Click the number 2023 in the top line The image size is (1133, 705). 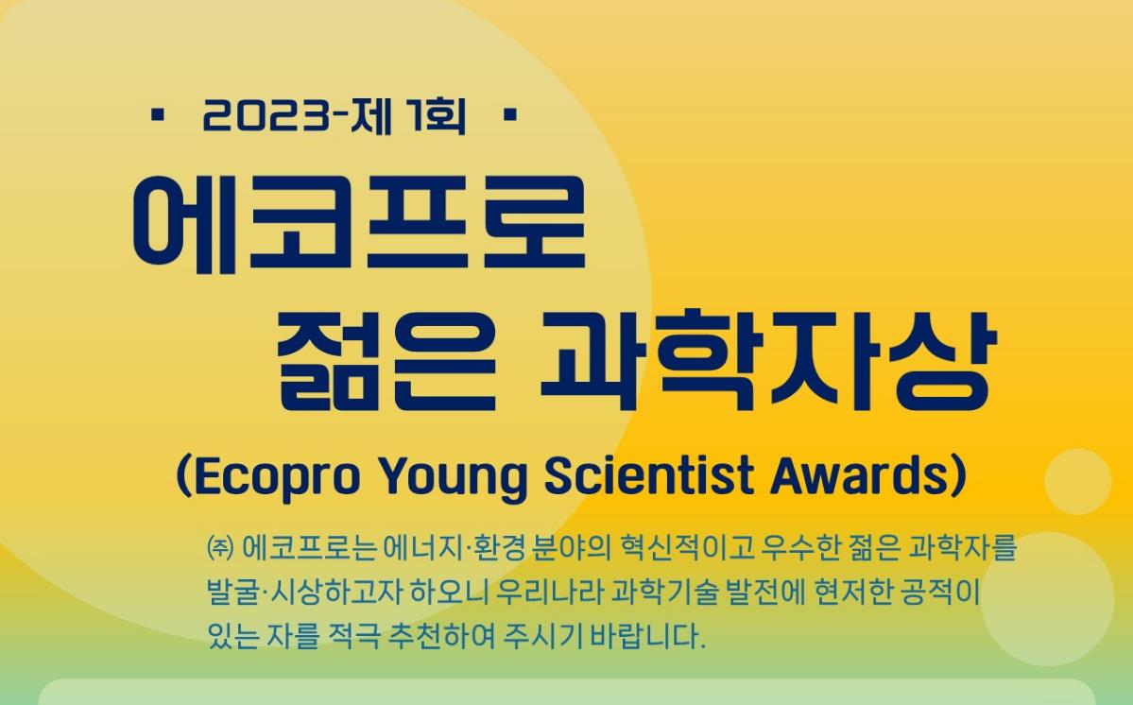pyautogui.click(x=266, y=115)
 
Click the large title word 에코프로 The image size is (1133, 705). pyautogui.click(x=359, y=222)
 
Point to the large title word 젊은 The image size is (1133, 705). pyautogui.click(x=386, y=360)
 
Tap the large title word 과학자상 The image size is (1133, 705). pyautogui.click(x=769, y=360)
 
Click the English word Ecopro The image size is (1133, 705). pyautogui.click(x=277, y=476)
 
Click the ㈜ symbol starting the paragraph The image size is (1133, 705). pyautogui.click(x=219, y=548)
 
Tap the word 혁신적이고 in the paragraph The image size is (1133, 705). pyautogui.click(x=686, y=548)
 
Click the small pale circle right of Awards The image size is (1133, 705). pyautogui.click(x=1077, y=482)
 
